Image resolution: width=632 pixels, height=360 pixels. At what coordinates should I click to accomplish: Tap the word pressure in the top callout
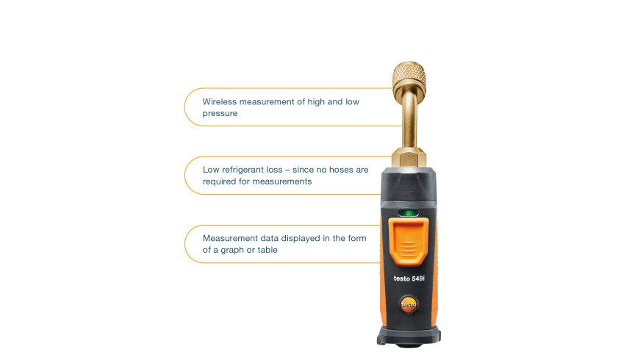tap(220, 114)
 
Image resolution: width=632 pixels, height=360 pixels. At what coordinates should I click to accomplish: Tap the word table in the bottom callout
tap(267, 250)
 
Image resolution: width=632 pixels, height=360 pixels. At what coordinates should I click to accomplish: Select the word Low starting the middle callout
tap(211, 170)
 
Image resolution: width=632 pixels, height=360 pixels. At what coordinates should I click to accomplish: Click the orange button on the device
tap(409, 241)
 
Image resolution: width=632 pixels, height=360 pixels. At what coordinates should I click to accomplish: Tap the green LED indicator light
tap(409, 213)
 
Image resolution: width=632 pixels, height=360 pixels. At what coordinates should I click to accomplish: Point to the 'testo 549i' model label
tap(409, 278)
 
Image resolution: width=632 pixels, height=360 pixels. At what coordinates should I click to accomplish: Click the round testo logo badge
tap(409, 304)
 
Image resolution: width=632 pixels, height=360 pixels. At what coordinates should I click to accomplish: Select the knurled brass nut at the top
tap(409, 77)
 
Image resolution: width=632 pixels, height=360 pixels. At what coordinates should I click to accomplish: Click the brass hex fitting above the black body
tap(409, 158)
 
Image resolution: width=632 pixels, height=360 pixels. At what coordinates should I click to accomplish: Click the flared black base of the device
tap(409, 336)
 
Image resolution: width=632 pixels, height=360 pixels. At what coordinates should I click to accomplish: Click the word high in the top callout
tap(316, 102)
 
